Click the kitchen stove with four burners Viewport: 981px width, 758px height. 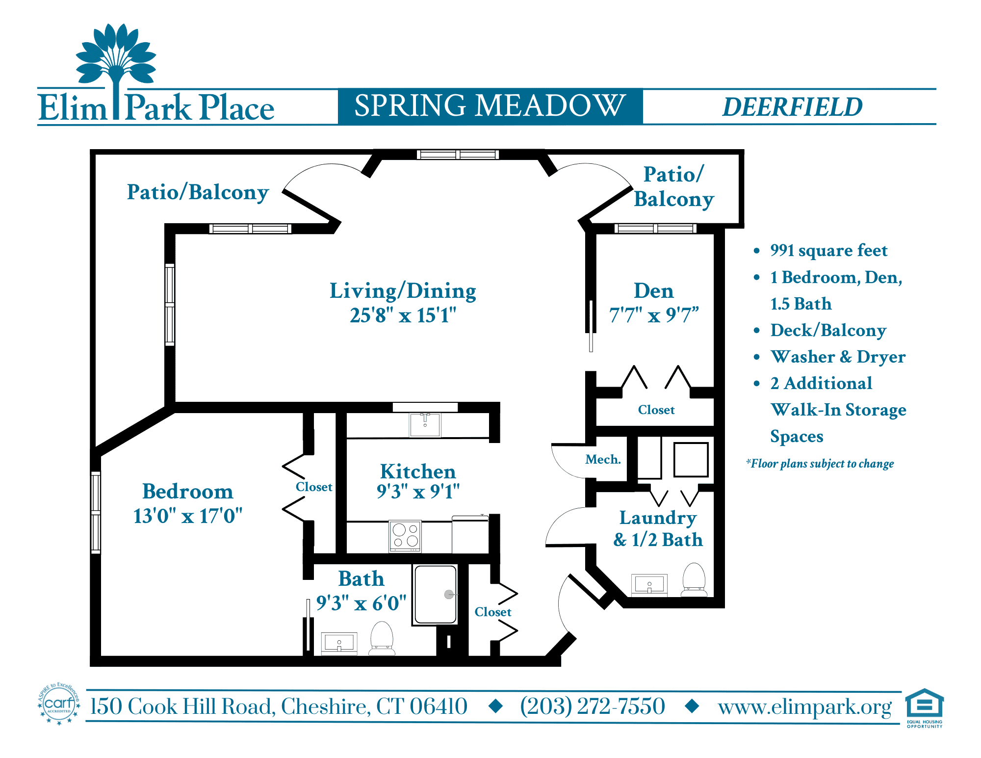tap(405, 536)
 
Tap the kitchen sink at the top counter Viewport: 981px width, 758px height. tap(425, 424)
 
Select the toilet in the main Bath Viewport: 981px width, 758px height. tap(382, 638)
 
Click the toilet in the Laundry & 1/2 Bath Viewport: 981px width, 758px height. tap(694, 579)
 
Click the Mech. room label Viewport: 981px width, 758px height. tap(603, 460)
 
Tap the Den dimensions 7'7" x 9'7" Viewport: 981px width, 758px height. tap(653, 315)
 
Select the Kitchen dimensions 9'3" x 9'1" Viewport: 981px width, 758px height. tap(418, 491)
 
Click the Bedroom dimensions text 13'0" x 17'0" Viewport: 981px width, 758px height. tap(188, 516)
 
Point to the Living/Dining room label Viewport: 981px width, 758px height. tap(403, 291)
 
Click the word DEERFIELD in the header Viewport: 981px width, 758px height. tap(792, 107)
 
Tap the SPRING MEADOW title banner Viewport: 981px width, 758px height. tap(490, 106)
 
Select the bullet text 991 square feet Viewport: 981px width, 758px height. tap(828, 251)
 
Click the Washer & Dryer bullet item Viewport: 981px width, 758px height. tap(838, 357)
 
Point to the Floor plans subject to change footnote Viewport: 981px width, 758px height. tap(820, 464)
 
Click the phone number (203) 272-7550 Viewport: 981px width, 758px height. tap(593, 706)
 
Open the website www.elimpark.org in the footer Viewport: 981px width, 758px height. tap(804, 707)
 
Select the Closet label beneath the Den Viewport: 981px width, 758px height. tap(656, 410)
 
